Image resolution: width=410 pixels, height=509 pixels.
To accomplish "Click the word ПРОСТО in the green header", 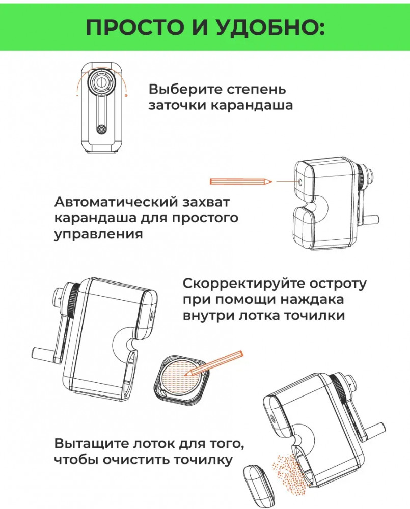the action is click(x=135, y=27).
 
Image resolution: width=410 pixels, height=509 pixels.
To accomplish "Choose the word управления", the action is click(x=98, y=234).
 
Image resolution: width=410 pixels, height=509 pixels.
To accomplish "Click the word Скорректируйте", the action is click(x=242, y=284).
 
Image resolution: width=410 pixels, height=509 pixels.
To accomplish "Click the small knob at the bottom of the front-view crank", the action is click(x=102, y=129).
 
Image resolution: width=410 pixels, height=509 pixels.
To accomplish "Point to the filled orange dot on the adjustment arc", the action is click(x=126, y=95).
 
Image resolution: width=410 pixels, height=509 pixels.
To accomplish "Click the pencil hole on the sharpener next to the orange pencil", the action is click(x=299, y=182).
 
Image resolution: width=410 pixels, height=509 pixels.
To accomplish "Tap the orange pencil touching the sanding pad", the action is click(x=214, y=363).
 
